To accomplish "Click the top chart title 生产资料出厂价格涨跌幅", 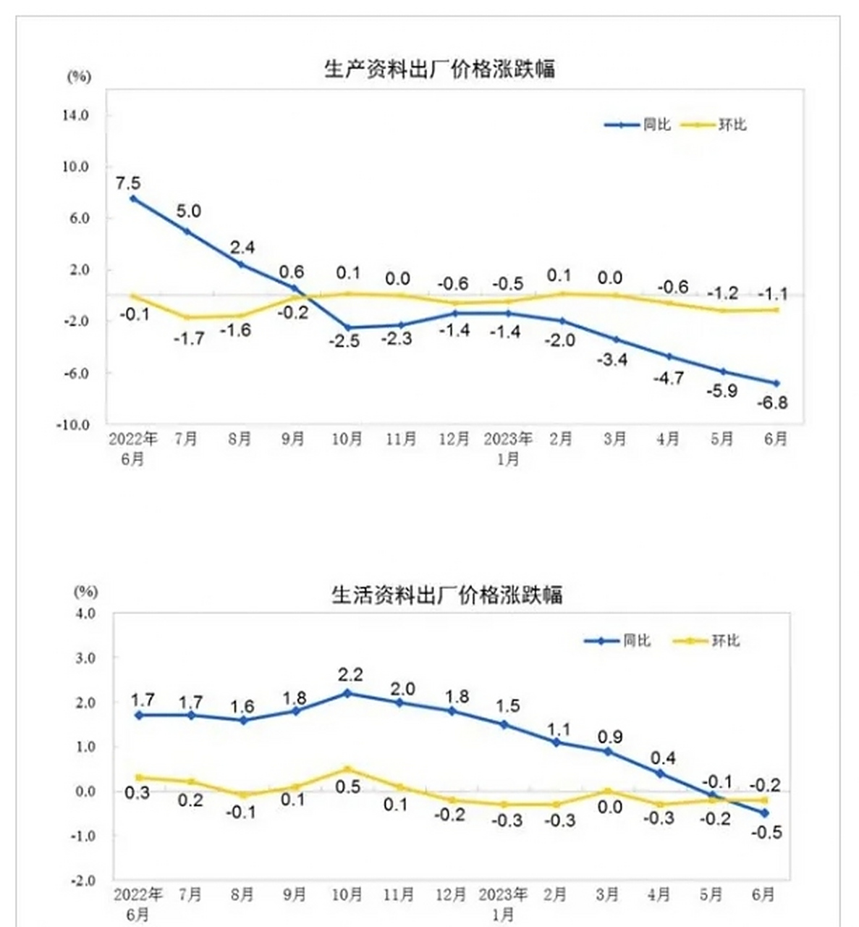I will pyautogui.click(x=439, y=70).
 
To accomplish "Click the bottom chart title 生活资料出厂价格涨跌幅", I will pyautogui.click(x=447, y=595).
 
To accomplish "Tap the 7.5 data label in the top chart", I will pyautogui.click(x=128, y=183).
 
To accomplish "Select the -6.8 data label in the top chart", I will pyautogui.click(x=772, y=403).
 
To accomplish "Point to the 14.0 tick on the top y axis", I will pyautogui.click(x=75, y=115).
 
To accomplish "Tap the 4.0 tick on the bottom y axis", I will pyautogui.click(x=85, y=613).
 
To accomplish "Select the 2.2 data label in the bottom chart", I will pyautogui.click(x=350, y=675).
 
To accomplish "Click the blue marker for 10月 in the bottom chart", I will pyautogui.click(x=347, y=693).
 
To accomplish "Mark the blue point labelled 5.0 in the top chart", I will pyautogui.click(x=187, y=232).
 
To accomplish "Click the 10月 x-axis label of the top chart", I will pyautogui.click(x=347, y=439).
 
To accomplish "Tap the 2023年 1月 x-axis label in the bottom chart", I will pyautogui.click(x=503, y=904).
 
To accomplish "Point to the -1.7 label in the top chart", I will pyautogui.click(x=188, y=338).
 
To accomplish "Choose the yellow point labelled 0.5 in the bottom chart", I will pyautogui.click(x=347, y=769).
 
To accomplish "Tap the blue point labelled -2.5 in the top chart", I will pyautogui.click(x=347, y=327).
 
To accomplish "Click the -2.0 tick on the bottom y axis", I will pyautogui.click(x=83, y=881).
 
